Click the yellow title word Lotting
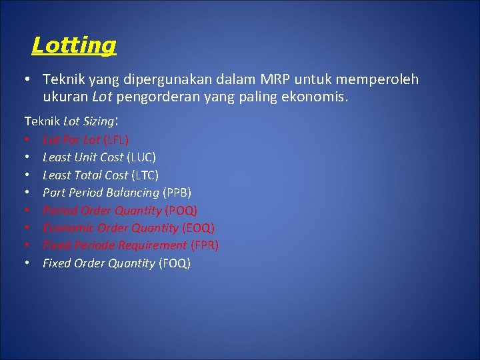pos(74,45)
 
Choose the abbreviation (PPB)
pos(177,193)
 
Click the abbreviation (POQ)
pos(181,210)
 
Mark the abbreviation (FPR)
pos(205,245)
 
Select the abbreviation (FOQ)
pos(174,263)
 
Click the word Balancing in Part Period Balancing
pos(136,193)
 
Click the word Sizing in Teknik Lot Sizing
pos(97,122)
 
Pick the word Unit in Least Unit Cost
pos(85,157)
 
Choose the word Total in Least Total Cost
pos(88,175)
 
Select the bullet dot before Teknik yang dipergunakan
pos(29,79)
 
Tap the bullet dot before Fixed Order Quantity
pos(29,263)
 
